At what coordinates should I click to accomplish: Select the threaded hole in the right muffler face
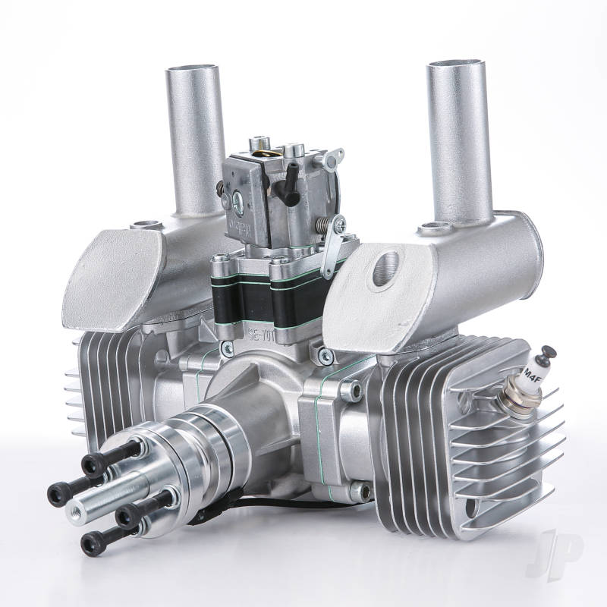coord(380,268)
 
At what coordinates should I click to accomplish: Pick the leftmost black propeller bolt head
coord(58,493)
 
